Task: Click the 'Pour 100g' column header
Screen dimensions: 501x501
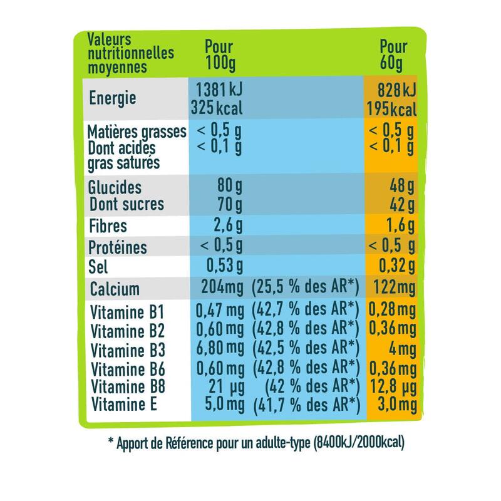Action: (219, 54)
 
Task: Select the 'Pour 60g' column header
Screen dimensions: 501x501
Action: (393, 54)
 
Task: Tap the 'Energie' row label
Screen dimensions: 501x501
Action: (113, 98)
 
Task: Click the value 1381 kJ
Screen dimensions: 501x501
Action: (219, 90)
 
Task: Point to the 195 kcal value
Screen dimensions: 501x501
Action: (392, 110)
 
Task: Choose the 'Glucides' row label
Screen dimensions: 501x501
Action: (115, 188)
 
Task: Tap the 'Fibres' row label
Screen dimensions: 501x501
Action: (108, 225)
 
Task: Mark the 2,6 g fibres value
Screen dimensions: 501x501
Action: (223, 225)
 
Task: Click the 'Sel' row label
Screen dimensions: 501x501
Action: (99, 268)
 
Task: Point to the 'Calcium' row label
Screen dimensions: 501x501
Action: (115, 289)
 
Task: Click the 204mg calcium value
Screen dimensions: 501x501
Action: (221, 289)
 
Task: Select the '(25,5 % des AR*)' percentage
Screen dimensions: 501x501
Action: (305, 289)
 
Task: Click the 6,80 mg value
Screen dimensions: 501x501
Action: (219, 348)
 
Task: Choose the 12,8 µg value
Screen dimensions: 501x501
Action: (393, 385)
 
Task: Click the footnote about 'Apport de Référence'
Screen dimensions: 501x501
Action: (257, 443)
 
